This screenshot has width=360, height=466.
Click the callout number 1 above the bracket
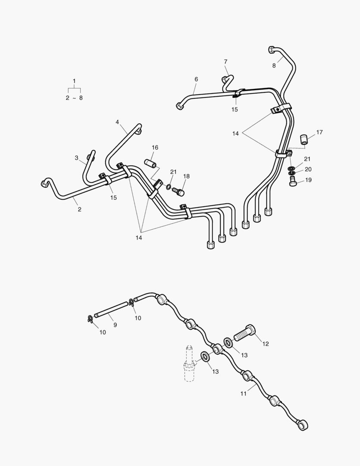click(x=74, y=81)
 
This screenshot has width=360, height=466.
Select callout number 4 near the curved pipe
click(x=117, y=122)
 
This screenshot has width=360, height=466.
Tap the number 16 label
click(x=155, y=148)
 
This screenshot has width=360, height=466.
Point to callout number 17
click(x=319, y=132)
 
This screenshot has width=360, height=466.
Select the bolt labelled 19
click(x=294, y=182)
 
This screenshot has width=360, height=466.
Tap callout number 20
click(x=308, y=169)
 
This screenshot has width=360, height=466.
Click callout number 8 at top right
click(x=274, y=66)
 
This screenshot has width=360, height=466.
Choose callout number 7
click(x=225, y=62)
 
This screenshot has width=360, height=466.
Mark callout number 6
click(x=196, y=79)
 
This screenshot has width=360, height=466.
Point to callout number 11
click(x=243, y=394)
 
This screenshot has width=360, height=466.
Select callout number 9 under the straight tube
click(x=115, y=325)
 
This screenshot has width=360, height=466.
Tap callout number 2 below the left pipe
click(x=79, y=209)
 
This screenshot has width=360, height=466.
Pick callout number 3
click(x=77, y=158)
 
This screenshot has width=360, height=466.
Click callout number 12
click(x=266, y=344)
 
